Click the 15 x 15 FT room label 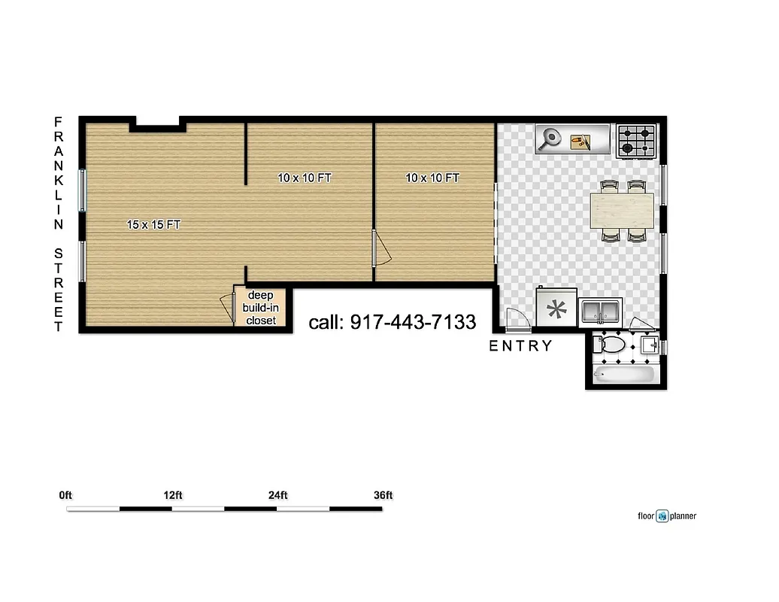click(x=153, y=224)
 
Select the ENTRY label click(x=520, y=346)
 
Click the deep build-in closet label click(x=260, y=308)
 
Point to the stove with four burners click(x=636, y=141)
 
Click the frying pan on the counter click(x=552, y=138)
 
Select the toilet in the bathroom click(x=611, y=345)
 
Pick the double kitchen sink click(x=600, y=310)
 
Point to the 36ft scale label click(x=383, y=495)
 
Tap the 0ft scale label click(x=65, y=495)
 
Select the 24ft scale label click(x=277, y=495)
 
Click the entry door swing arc click(x=517, y=318)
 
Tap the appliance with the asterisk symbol click(x=556, y=309)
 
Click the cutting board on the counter click(x=579, y=140)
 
